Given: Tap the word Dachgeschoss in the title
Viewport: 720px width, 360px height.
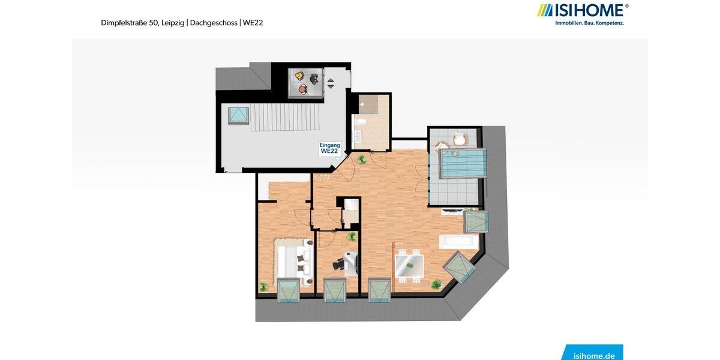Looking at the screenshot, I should click(x=214, y=23).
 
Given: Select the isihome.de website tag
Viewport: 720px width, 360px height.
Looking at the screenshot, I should click(x=593, y=355).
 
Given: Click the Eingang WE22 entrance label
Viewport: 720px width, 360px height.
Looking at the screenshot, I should click(x=330, y=148).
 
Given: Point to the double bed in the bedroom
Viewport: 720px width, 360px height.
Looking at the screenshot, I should click(x=295, y=258).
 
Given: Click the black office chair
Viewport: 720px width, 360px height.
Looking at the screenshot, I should click(x=341, y=262).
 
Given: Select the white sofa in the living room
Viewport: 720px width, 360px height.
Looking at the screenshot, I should click(x=459, y=242).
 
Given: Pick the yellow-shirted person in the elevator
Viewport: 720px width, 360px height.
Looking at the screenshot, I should click(x=299, y=76).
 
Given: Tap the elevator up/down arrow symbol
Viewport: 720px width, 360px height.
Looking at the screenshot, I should click(x=330, y=83).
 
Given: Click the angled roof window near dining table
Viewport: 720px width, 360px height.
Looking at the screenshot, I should click(x=460, y=268).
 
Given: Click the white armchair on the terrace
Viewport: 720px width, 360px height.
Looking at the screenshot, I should click(x=459, y=140).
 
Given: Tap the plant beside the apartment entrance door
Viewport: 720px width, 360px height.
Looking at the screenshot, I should click(x=361, y=159).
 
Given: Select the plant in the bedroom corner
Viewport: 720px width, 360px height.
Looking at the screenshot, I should click(x=262, y=287).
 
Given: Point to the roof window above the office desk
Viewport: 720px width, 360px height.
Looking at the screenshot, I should click(x=335, y=291).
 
